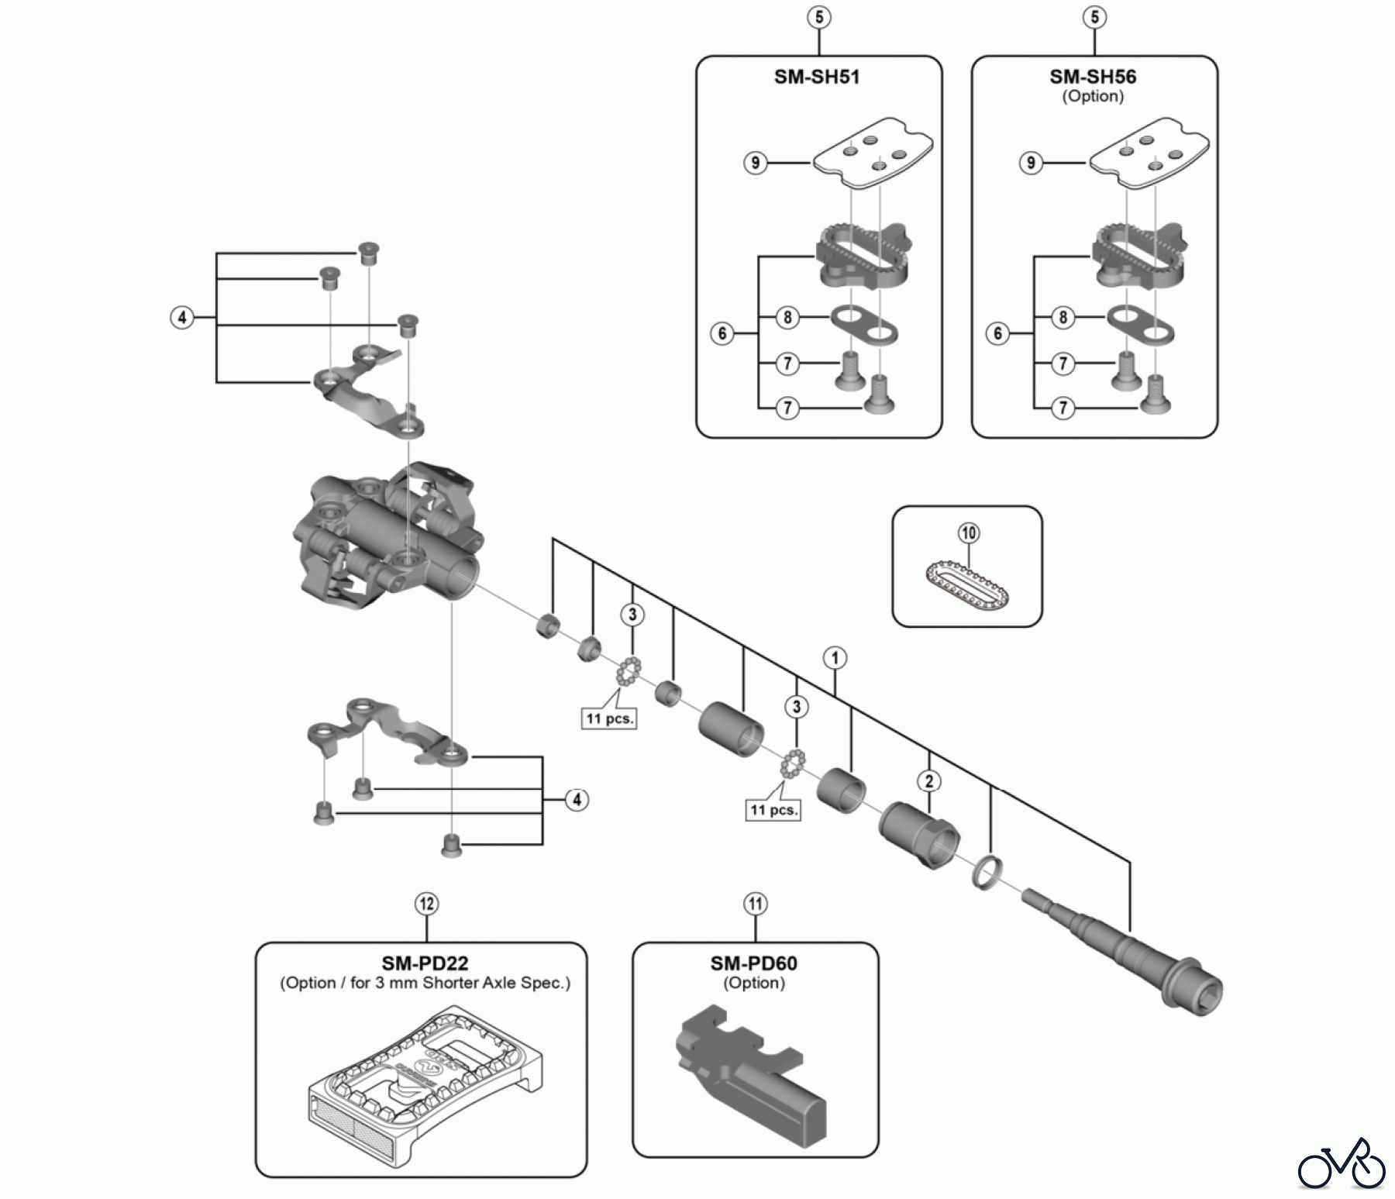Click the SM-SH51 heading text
[x=817, y=77]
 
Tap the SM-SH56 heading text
[x=1093, y=77]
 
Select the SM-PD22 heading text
[x=425, y=963]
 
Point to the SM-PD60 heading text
[x=754, y=963]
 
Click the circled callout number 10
[x=969, y=533]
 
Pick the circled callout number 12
[x=426, y=904]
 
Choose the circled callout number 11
[x=755, y=904]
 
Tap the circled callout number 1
[x=835, y=659]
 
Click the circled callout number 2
[x=929, y=780]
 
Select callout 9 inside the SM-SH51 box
[x=755, y=163]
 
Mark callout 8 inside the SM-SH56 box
[x=1063, y=317]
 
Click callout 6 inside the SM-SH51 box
[x=722, y=333]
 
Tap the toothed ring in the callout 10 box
[x=968, y=583]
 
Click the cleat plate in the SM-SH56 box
[x=1149, y=152]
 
